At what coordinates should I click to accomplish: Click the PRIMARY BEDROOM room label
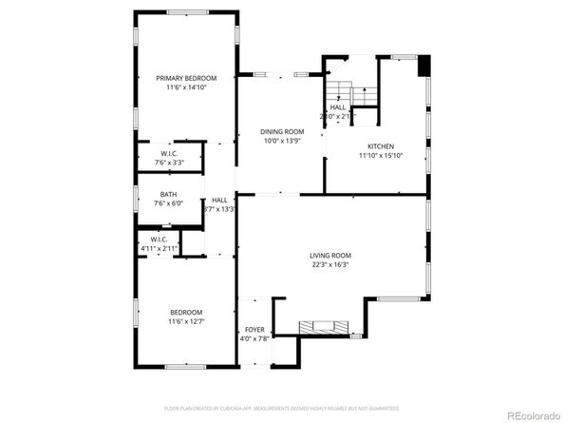pyautogui.click(x=187, y=78)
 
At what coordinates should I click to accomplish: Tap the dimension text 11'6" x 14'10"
pyautogui.click(x=187, y=87)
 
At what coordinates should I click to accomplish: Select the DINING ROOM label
pyautogui.click(x=282, y=131)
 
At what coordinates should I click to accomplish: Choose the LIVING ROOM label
pyautogui.click(x=330, y=256)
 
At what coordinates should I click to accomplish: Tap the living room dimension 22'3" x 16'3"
pyautogui.click(x=330, y=265)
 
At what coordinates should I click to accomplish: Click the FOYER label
pyautogui.click(x=255, y=329)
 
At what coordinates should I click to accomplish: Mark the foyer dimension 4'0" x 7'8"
pyautogui.click(x=255, y=338)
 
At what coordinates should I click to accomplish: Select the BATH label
pyautogui.click(x=168, y=194)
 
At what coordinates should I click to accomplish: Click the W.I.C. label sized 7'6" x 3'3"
pyautogui.click(x=169, y=154)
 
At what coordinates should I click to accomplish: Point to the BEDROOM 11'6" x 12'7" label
pyautogui.click(x=186, y=312)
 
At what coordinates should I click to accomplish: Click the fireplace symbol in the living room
pyautogui.click(x=323, y=328)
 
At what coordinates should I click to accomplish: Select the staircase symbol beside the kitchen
pyautogui.click(x=341, y=92)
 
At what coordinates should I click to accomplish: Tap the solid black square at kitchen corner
pyautogui.click(x=423, y=67)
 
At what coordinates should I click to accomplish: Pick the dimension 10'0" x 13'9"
pyautogui.click(x=282, y=141)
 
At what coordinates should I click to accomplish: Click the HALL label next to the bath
pyautogui.click(x=219, y=200)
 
